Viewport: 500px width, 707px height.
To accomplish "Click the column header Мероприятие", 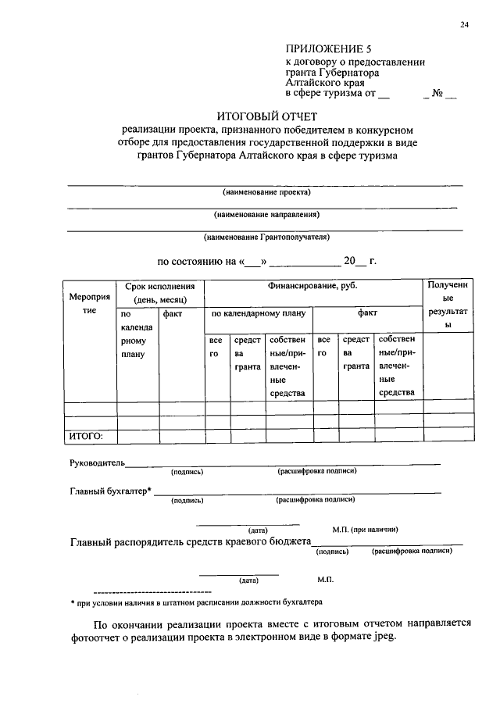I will click(x=89, y=305).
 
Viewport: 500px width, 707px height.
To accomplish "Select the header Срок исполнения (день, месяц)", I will click(x=159, y=293).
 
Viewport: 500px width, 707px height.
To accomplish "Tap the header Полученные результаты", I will click(x=448, y=305).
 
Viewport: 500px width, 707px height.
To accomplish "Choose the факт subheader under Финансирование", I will click(x=367, y=312).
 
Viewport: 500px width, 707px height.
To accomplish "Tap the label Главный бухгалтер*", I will click(x=111, y=491).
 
